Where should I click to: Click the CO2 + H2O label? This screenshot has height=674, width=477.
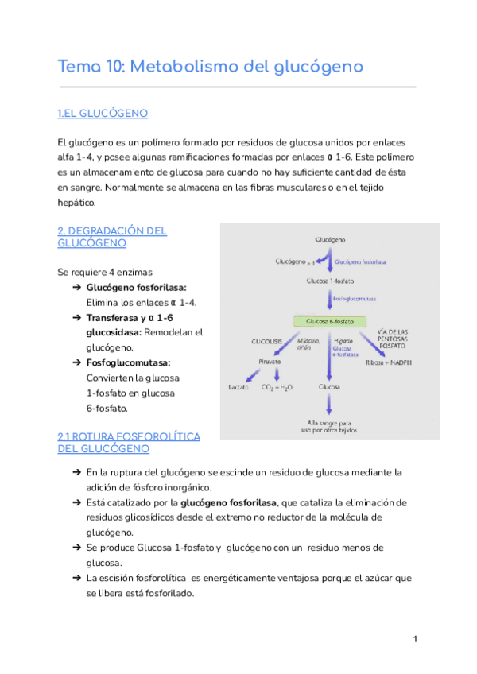277,387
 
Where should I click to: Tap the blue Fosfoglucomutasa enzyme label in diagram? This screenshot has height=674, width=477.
355,300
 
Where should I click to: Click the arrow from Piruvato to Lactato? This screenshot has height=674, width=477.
253,374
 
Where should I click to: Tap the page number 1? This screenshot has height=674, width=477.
415,639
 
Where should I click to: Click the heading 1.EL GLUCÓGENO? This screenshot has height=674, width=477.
103,114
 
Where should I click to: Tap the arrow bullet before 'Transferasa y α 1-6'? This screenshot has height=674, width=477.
76,318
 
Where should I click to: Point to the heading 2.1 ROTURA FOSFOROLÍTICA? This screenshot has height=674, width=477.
129,436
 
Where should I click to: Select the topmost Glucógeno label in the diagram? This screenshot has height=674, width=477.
330,238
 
